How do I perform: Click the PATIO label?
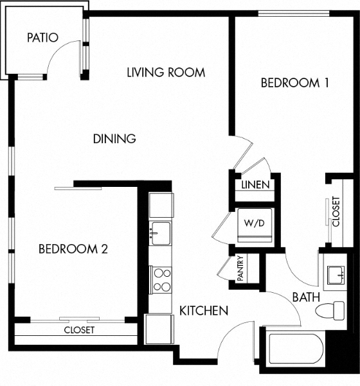43,37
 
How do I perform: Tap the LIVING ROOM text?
166,72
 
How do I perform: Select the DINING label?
114,138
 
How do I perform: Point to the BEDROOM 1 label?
290,83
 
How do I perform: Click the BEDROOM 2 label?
73,249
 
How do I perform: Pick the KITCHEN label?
204,311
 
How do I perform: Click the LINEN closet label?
255,185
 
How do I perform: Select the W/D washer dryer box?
253,224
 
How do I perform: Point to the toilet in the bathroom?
330,310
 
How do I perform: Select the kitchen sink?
160,232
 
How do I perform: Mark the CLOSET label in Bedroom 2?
79,330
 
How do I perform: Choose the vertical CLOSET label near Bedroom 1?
335,211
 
